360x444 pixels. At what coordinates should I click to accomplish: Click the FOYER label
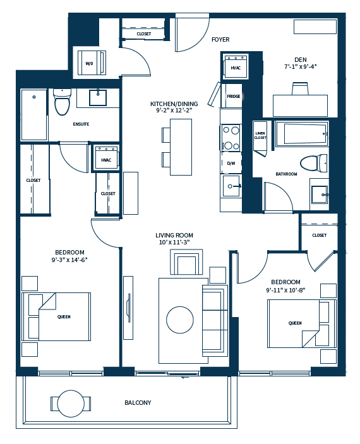click(220, 40)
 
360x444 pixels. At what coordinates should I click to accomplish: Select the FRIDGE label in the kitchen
click(233, 96)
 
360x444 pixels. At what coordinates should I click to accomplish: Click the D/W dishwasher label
click(231, 163)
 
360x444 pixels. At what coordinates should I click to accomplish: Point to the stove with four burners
click(231, 138)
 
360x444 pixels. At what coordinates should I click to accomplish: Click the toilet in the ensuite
click(61, 103)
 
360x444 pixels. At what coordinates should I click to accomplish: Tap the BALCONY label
click(138, 402)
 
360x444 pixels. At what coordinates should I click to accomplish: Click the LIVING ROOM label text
click(174, 236)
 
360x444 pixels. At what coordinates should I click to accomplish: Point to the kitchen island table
click(181, 147)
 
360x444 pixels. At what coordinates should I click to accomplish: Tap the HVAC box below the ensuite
click(106, 160)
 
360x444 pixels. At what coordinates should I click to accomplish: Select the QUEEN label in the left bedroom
click(63, 317)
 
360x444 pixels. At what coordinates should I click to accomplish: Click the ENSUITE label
click(81, 124)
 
